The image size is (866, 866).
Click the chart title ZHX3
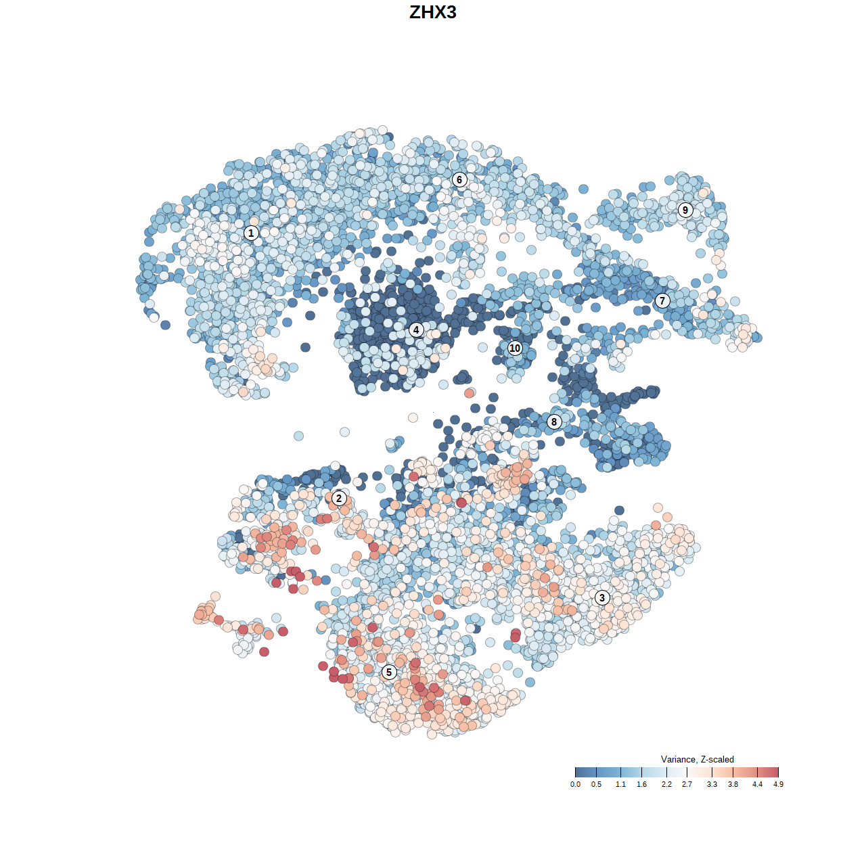tap(433, 12)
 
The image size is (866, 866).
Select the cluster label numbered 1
tap(251, 233)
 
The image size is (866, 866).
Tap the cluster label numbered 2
tap(339, 499)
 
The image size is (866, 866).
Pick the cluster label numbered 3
tap(602, 597)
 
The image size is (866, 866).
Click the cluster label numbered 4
tap(416, 330)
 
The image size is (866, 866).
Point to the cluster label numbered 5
tap(389, 672)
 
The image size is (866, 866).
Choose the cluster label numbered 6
tap(459, 180)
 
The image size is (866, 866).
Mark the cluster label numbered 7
tap(662, 301)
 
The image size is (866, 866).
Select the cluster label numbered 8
tap(554, 422)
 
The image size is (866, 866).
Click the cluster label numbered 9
tap(685, 210)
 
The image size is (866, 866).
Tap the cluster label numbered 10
tap(515, 348)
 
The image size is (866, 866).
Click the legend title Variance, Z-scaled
tap(697, 759)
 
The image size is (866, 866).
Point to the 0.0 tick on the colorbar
tap(575, 772)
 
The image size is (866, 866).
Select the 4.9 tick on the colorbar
tap(778, 772)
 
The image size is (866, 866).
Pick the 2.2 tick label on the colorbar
tap(666, 785)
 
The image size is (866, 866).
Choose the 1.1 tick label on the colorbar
tap(620, 785)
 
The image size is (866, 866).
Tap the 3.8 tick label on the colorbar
tap(733, 785)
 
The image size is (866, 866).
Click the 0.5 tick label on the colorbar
tap(596, 785)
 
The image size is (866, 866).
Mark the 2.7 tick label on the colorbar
tap(687, 785)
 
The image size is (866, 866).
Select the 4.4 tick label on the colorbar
tap(757, 785)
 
